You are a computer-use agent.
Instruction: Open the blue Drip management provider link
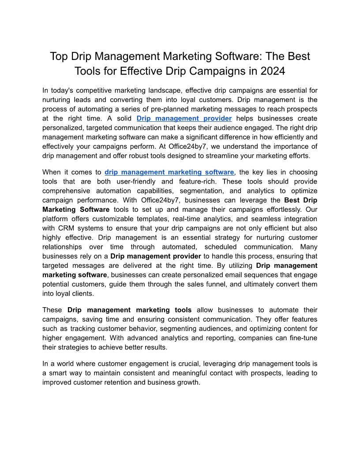click(184, 118)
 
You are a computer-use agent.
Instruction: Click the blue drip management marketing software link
click(169, 172)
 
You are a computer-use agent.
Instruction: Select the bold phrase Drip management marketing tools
click(130, 310)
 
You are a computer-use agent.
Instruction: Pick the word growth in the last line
click(189, 383)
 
